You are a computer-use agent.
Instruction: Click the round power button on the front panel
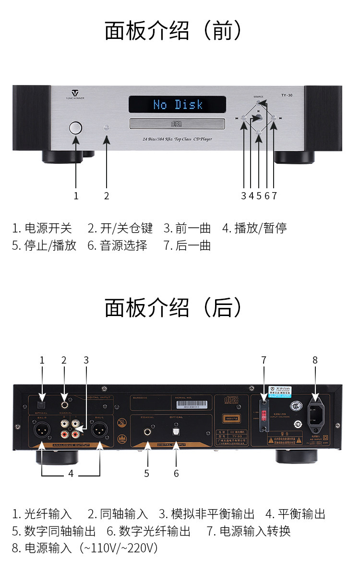[x=75, y=128]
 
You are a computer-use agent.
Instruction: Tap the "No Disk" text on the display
[x=178, y=104]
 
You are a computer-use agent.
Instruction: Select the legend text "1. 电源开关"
[x=42, y=228]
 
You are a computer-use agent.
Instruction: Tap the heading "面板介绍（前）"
[x=173, y=31]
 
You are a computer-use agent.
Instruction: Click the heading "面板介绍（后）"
[x=173, y=307]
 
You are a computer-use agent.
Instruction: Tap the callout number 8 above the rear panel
[x=315, y=360]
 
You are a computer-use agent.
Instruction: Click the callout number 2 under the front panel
[x=107, y=195]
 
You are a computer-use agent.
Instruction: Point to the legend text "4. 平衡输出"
[x=295, y=514]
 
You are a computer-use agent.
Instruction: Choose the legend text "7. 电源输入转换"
[x=249, y=531]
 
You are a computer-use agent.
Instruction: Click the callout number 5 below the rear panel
[x=146, y=473]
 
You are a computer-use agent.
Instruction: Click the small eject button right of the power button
[x=107, y=128]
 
